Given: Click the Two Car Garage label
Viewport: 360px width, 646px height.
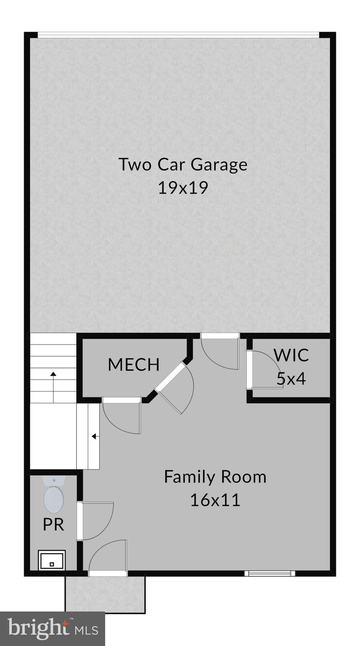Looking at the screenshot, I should pyautogui.click(x=183, y=164).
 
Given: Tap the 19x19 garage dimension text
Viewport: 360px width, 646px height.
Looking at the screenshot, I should pyautogui.click(x=183, y=188).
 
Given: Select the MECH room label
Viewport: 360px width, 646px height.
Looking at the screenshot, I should pyautogui.click(x=134, y=365).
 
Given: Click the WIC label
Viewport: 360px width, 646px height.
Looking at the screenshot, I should pyautogui.click(x=291, y=355).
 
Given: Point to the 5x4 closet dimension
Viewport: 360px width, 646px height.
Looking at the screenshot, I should pyautogui.click(x=291, y=379).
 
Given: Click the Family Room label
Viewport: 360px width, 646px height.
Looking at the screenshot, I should pyautogui.click(x=215, y=477).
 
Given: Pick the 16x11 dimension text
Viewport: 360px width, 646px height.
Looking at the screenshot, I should pyautogui.click(x=215, y=500).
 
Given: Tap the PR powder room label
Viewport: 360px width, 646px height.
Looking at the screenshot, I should pyautogui.click(x=53, y=524).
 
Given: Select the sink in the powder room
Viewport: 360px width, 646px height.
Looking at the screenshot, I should pyautogui.click(x=52, y=561).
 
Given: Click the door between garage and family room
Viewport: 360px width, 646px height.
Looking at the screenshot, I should pyautogui.click(x=220, y=352).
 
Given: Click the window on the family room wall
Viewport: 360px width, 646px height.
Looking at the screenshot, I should pyautogui.click(x=270, y=573).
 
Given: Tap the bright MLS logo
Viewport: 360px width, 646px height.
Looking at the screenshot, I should pyautogui.click(x=52, y=629).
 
